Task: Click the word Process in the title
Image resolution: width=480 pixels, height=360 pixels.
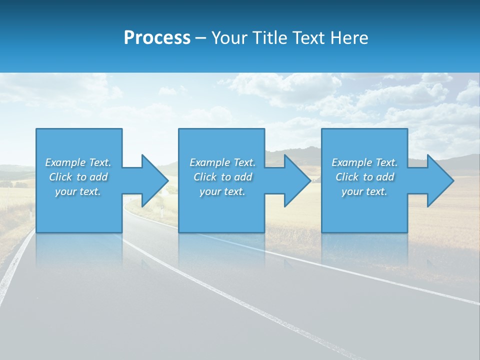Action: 157,38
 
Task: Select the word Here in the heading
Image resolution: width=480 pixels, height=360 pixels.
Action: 349,38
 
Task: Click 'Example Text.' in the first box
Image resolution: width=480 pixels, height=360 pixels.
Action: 78,162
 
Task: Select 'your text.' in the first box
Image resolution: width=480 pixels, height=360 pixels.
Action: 78,191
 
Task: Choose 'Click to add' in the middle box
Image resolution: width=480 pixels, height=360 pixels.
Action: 222,177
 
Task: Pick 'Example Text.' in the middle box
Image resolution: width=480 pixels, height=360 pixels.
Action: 222,162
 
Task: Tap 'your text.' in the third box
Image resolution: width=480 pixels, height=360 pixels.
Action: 364,191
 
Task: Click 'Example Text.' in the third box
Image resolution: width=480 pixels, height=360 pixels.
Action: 364,162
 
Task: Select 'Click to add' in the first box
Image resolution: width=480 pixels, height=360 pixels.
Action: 78,177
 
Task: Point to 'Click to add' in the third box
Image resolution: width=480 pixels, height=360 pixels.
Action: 364,177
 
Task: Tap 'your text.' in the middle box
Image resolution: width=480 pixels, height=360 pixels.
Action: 222,191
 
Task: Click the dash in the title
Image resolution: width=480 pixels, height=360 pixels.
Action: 201,38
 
